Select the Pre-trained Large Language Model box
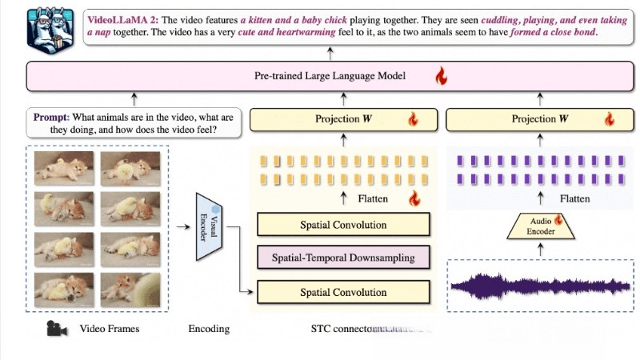[x=330, y=78]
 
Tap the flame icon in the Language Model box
[x=439, y=78]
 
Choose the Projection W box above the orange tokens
[x=345, y=119]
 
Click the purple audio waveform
[x=542, y=286]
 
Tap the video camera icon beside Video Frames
[x=55, y=328]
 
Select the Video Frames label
[x=110, y=329]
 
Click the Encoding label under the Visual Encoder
[x=209, y=329]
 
